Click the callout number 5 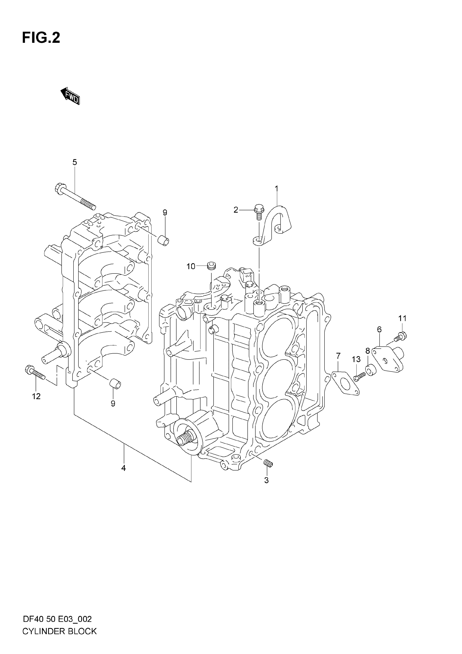[75, 162]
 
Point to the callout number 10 [191, 266]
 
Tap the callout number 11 [402, 318]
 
